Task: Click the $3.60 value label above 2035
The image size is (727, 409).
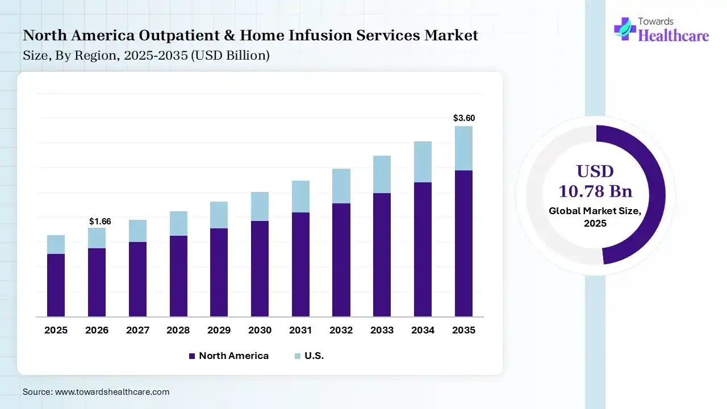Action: coord(464,118)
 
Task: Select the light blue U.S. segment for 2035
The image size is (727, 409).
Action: coord(464,148)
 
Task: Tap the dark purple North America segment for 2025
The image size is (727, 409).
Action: coord(56,285)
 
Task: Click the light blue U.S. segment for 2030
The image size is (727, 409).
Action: coord(260,206)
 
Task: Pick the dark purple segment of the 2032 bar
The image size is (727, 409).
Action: coord(341,260)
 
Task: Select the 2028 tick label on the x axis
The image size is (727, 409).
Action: coord(178,330)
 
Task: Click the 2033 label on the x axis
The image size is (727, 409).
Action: coord(382,330)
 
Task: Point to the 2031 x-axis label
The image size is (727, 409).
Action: coord(300,330)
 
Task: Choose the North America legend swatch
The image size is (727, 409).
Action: coord(192,356)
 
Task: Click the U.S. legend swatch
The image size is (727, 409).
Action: coord(298,356)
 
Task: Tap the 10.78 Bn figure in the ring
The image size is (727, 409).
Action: coord(595,191)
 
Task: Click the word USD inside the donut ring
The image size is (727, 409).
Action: coord(595,172)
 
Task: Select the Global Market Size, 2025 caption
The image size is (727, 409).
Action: coord(595,217)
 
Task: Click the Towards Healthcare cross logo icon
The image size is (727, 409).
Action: coord(625,28)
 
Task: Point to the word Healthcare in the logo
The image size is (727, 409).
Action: coord(674,36)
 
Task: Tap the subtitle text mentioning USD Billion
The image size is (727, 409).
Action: coord(146,56)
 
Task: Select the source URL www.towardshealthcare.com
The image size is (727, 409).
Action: coord(112,392)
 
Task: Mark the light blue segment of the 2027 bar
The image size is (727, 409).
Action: coord(137,231)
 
